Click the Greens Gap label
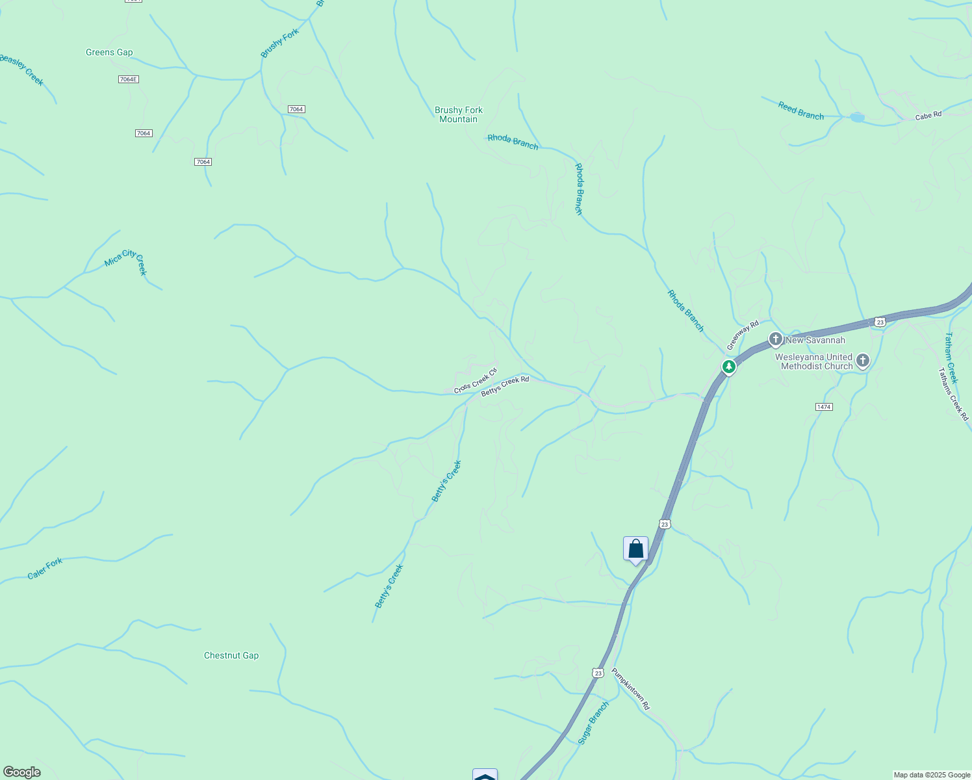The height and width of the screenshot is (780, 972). pyautogui.click(x=109, y=53)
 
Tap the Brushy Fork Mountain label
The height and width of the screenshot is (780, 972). pyautogui.click(x=459, y=114)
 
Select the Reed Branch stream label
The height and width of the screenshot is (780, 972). pyautogui.click(x=800, y=111)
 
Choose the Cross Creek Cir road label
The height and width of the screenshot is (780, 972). pyautogui.click(x=475, y=381)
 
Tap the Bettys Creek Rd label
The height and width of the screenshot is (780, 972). pyautogui.click(x=505, y=387)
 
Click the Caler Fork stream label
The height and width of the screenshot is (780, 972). pyautogui.click(x=45, y=569)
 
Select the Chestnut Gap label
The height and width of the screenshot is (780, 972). pyautogui.click(x=231, y=655)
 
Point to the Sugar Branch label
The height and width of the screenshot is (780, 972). pyautogui.click(x=593, y=723)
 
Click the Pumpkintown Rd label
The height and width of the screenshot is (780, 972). pyautogui.click(x=630, y=688)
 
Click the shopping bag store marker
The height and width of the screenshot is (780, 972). pyautogui.click(x=635, y=549)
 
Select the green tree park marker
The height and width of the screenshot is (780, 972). pyautogui.click(x=729, y=367)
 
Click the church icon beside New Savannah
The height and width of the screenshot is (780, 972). pyautogui.click(x=775, y=339)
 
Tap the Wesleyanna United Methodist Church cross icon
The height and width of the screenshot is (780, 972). pyautogui.click(x=862, y=361)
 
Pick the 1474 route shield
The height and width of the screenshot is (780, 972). pyautogui.click(x=824, y=406)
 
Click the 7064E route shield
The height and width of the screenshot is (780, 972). pyautogui.click(x=129, y=79)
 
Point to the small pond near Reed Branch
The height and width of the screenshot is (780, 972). pyautogui.click(x=857, y=118)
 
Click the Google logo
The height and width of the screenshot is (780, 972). pyautogui.click(x=21, y=772)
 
